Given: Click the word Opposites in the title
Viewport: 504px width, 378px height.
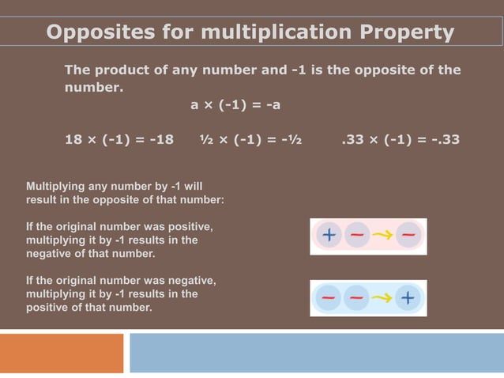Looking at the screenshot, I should point(96,33).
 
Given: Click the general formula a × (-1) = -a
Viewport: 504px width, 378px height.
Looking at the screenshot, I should point(236,104).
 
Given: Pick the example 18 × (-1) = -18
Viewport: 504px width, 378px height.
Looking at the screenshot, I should point(118,140).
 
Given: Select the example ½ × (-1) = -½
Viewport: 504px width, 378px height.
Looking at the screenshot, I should point(250,140).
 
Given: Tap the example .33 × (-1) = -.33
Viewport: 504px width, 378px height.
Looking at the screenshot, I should point(401,140).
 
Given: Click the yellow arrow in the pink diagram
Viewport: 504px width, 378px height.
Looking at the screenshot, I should point(383,236).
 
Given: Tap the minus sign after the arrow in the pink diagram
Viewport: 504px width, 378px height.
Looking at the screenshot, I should point(408,236).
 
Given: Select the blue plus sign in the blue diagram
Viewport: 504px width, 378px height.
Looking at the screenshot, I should point(408,298).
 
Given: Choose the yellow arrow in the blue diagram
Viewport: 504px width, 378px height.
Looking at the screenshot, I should point(382,298).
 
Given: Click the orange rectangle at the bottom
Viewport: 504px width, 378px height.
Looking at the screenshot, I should point(62,353).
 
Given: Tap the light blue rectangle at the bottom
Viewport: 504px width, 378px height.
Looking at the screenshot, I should point(316,353).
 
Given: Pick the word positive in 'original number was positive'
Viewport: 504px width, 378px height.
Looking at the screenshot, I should point(190,227).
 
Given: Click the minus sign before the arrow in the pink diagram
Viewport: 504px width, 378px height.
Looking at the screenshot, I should point(357,236).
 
